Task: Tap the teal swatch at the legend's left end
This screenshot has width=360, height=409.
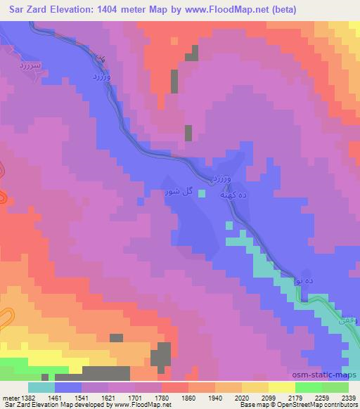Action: (41, 387)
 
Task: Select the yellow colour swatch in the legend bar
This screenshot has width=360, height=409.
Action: (282, 387)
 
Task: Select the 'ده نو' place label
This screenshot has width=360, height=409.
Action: (304, 278)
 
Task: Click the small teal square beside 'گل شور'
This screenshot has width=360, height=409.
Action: (202, 193)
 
